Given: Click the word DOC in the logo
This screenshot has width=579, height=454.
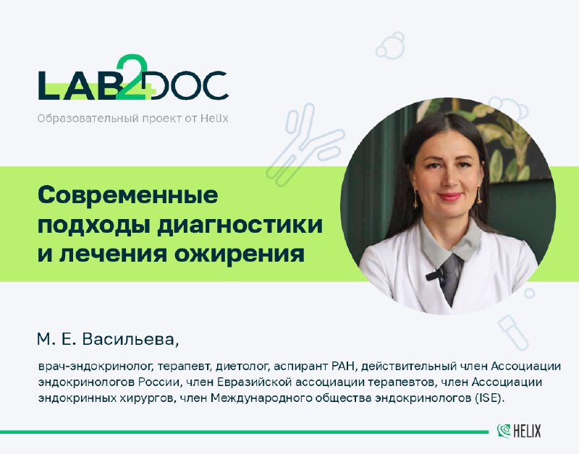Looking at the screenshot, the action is (189, 85).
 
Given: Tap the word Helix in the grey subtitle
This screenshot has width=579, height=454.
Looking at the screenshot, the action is (214, 119).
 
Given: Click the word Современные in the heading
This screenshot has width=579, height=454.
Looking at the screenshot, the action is (128, 195).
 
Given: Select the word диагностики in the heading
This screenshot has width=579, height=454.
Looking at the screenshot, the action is (240, 226).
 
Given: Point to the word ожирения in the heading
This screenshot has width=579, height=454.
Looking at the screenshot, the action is (240, 254).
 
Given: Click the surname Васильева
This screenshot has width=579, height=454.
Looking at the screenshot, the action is (130, 340).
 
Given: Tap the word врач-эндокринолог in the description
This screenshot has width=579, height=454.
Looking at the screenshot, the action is (96, 367).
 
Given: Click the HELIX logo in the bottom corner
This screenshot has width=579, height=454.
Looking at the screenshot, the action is (519, 431).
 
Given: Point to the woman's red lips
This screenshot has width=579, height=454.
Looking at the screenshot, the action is (449, 196).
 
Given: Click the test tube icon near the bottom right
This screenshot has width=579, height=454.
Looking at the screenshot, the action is (513, 332).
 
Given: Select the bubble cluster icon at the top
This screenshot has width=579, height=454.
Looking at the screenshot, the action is (390, 46).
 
